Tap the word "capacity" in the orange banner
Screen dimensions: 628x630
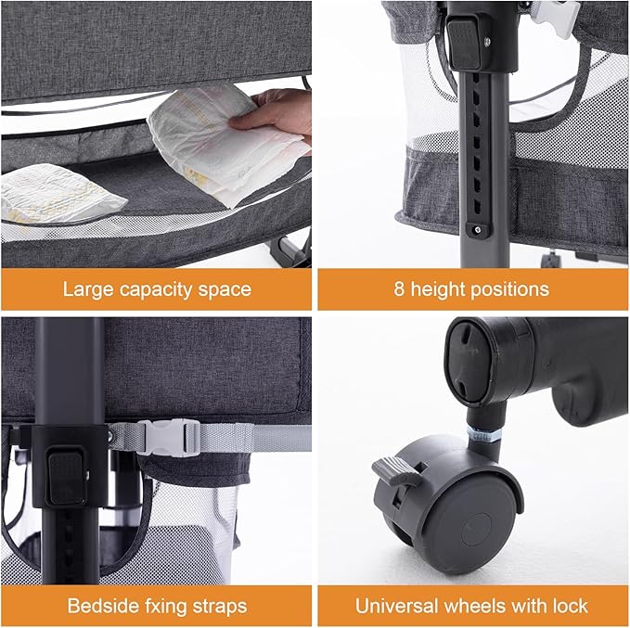click(157, 289)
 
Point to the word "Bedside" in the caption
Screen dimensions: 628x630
click(100, 607)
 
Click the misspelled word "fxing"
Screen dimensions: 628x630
click(163, 607)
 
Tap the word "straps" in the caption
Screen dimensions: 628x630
click(220, 607)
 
